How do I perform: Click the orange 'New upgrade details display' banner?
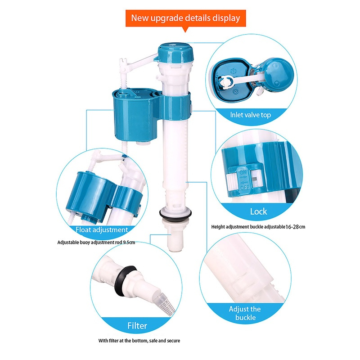point(185,18)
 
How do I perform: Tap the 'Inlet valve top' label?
point(251,115)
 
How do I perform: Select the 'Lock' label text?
point(258,211)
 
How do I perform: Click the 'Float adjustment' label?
point(102,229)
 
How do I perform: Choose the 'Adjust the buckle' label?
point(244,314)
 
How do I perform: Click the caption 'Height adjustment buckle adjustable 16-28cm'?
point(258,227)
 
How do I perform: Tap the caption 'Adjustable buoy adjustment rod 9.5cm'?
point(96,242)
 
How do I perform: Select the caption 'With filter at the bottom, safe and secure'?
point(139,341)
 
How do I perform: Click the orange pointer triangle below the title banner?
point(185,29)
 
